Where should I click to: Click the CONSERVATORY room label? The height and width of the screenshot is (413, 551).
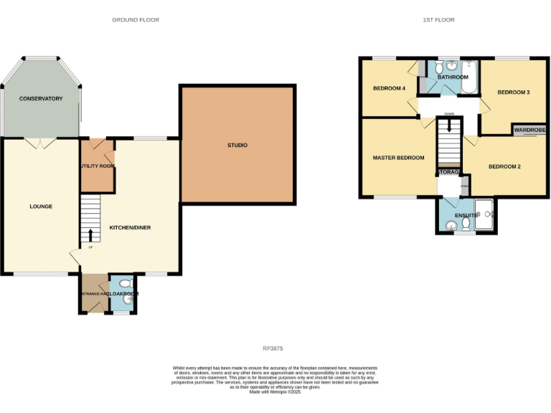pyautogui.click(x=41, y=98)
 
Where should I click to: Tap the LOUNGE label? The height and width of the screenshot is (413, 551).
pyautogui.click(x=41, y=206)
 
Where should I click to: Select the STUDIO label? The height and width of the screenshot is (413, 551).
pyautogui.click(x=237, y=146)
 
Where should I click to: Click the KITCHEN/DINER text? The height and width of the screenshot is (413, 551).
pyautogui.click(x=130, y=227)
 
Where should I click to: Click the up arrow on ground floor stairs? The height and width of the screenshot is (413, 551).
pyautogui.click(x=90, y=234)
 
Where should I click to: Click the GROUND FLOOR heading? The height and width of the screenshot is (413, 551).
pyautogui.click(x=136, y=20)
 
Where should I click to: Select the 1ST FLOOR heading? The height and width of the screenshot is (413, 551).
pyautogui.click(x=438, y=20)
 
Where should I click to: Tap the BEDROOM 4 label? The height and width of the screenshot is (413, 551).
pyautogui.click(x=389, y=89)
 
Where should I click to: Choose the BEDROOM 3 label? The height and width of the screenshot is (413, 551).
pyautogui.click(x=514, y=92)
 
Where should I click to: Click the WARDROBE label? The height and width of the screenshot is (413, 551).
pyautogui.click(x=529, y=130)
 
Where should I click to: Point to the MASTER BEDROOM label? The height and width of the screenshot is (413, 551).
pyautogui.click(x=398, y=158)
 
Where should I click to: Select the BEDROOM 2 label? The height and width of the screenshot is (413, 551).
pyautogui.click(x=504, y=167)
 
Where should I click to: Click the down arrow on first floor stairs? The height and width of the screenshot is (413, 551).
pyautogui.click(x=449, y=125)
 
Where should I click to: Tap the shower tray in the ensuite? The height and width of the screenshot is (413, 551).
pyautogui.click(x=485, y=215)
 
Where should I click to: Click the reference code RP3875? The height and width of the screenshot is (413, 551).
pyautogui.click(x=273, y=348)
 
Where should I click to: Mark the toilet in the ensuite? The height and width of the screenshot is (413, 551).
pyautogui.click(x=466, y=224)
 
